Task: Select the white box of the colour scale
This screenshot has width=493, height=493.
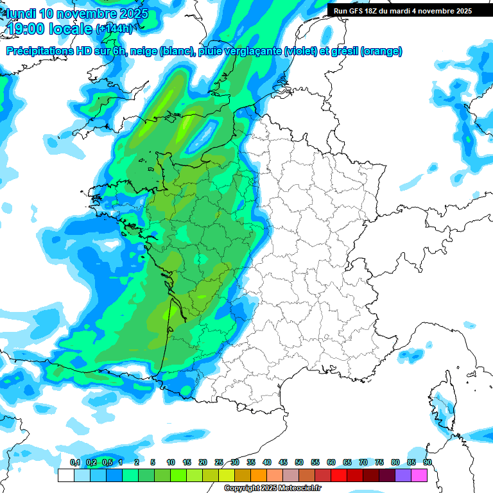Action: point(65,476)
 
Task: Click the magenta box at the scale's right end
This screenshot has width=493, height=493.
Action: point(419,476)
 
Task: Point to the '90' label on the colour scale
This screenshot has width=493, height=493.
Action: point(428,462)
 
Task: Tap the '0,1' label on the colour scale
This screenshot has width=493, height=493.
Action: point(74,462)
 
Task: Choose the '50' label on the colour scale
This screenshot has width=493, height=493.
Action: point(299,462)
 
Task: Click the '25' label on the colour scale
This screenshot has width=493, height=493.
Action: point(219,462)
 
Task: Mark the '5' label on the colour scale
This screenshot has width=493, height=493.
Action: point(153,462)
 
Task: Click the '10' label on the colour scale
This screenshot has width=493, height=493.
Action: point(171,462)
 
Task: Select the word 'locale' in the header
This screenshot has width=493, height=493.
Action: point(70,28)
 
